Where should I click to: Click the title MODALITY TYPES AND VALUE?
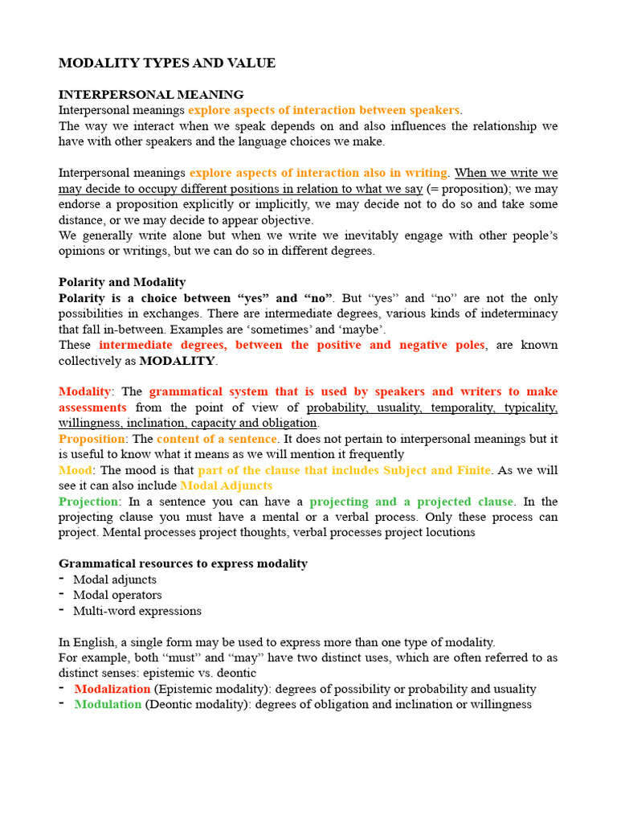[167, 63]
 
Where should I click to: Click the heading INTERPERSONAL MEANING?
[151, 95]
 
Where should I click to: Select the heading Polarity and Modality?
[122, 282]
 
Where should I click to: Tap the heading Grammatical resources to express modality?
[183, 563]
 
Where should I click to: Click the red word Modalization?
[112, 689]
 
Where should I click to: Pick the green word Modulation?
[108, 704]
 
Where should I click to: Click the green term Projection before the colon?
[88, 502]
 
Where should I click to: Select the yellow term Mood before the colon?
[76, 470]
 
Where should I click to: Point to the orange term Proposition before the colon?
[92, 439]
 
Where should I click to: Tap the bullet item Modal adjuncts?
[115, 579]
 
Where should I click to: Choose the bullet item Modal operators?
[117, 595]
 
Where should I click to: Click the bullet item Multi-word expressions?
[137, 611]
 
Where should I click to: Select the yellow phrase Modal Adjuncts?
[227, 485]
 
